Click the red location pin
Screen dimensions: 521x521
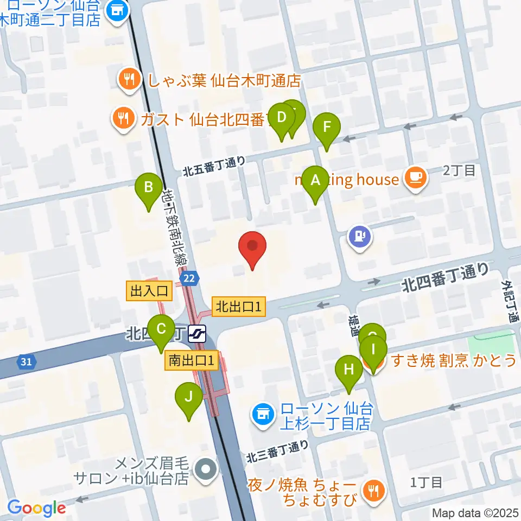(253, 248)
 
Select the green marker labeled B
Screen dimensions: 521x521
(148, 190)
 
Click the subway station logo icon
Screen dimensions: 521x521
(197, 333)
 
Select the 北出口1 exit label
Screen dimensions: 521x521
(239, 307)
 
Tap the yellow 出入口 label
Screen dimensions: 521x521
(149, 291)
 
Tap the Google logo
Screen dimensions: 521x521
(37, 508)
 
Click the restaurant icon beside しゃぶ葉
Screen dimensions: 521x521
(128, 80)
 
